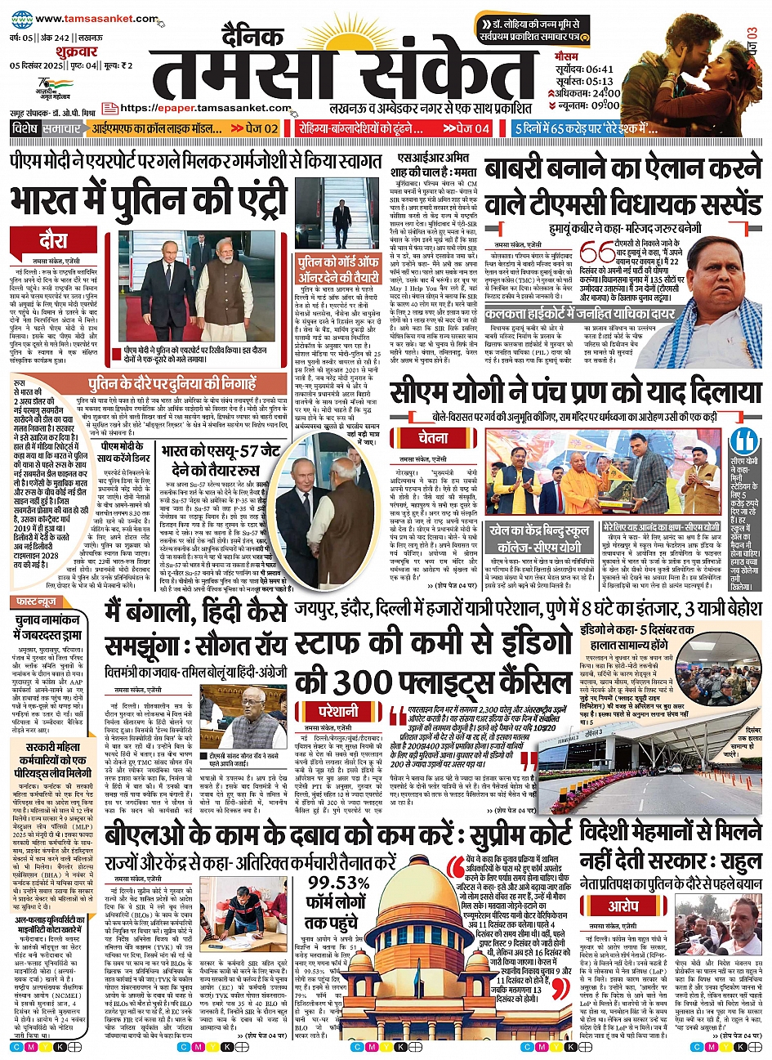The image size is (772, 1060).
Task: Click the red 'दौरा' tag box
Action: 53,239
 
